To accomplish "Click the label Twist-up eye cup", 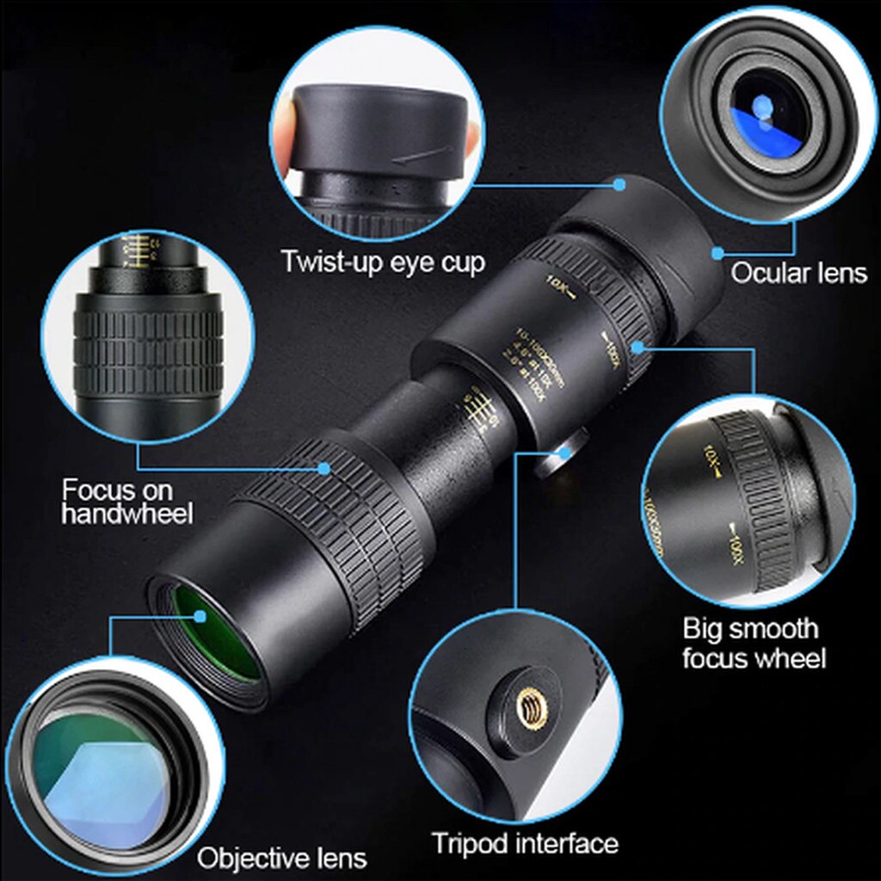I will (x=383, y=262).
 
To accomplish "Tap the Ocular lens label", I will (x=798, y=273).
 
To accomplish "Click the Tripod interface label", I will (x=525, y=842).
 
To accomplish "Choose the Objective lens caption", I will (x=281, y=857).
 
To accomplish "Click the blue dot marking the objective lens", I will (x=201, y=615).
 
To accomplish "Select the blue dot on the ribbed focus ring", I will (x=324, y=469).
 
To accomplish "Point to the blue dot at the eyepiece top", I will (x=619, y=182).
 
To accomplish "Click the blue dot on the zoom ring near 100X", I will (x=638, y=346).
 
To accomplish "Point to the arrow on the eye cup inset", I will (x=422, y=155).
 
